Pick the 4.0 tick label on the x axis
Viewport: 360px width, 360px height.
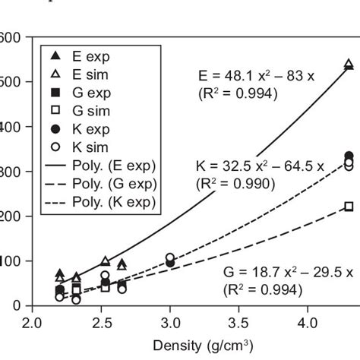[308, 321]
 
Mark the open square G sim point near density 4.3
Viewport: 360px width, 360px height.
[349, 207]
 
